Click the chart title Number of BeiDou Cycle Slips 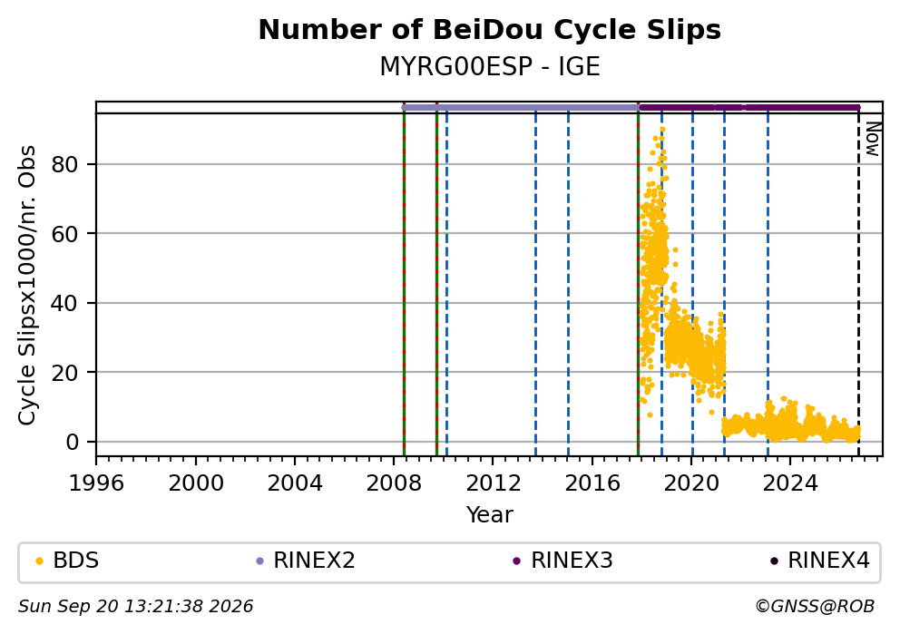(490, 30)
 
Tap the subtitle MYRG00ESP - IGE (490, 67)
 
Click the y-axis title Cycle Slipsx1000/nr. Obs (26, 285)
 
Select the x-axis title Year (489, 514)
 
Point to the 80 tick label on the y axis (64, 165)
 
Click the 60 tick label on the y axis (64, 234)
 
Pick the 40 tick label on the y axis (64, 304)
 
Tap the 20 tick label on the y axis (64, 373)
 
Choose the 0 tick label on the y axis (73, 443)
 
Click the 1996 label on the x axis (96, 483)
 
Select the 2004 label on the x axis (295, 483)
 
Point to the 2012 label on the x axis (493, 483)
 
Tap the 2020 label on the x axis (691, 483)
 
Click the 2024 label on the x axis (790, 483)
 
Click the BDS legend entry (67, 561)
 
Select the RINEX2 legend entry (306, 561)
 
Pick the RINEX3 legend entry (563, 561)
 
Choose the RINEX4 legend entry (820, 561)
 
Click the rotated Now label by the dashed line (872, 139)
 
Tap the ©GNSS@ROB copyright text (815, 607)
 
